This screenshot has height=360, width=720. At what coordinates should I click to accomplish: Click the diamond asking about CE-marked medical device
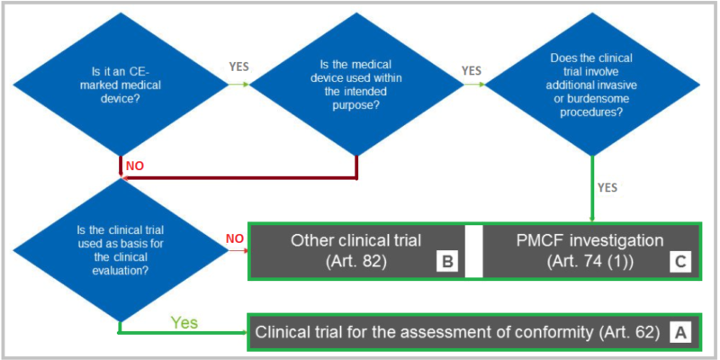pyautogui.click(x=120, y=85)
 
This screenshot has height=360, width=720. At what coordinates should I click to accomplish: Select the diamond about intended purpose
pyautogui.click(x=358, y=85)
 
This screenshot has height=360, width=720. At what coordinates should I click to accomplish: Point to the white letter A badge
pyautogui.click(x=681, y=331)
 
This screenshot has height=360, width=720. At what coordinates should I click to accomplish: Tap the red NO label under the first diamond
pyautogui.click(x=134, y=166)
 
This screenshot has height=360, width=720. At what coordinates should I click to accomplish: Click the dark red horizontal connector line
pyautogui.click(x=243, y=178)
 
